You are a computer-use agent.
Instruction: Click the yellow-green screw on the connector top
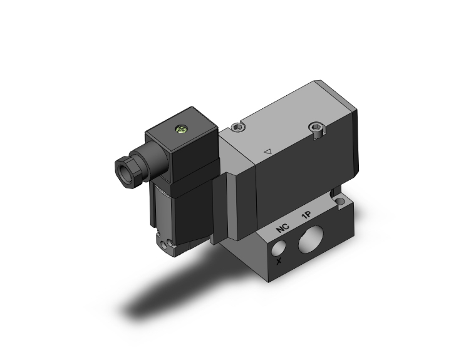[x=180, y=129]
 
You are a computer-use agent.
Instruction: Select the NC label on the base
[x=282, y=227]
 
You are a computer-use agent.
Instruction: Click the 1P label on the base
[x=306, y=215]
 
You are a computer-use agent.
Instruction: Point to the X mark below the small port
[x=279, y=262]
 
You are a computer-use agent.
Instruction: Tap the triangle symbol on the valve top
[x=268, y=152]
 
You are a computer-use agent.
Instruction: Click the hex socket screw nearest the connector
[x=238, y=128]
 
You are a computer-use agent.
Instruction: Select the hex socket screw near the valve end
[x=315, y=128]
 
